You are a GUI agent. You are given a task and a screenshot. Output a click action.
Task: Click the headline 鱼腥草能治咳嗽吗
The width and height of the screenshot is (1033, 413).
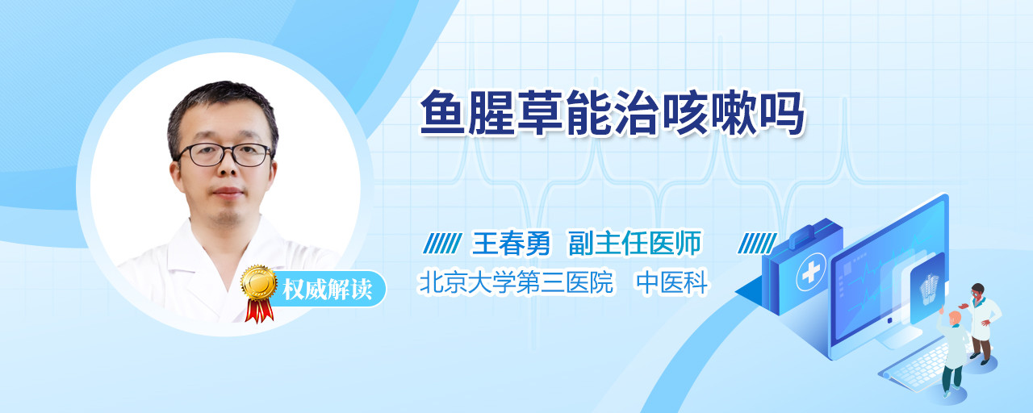[613, 114]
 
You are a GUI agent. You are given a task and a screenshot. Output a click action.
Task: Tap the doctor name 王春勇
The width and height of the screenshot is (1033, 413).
[511, 243]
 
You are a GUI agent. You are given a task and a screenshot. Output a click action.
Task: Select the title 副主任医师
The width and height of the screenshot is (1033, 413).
[634, 243]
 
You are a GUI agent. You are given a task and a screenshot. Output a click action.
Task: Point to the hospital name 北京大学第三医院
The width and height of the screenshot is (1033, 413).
[516, 282]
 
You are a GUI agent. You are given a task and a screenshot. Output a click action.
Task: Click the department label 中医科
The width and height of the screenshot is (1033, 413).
[672, 282]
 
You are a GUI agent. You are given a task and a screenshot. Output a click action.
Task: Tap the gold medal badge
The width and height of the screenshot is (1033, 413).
[259, 282]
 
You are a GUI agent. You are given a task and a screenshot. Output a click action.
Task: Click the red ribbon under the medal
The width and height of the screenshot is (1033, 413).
[259, 311]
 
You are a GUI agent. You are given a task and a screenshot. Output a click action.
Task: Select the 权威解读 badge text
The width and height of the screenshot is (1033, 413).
[328, 290]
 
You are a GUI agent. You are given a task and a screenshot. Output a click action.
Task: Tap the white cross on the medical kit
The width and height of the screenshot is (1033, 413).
[811, 272]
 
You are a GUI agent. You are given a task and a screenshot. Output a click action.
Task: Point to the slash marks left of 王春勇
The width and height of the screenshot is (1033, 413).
[442, 243]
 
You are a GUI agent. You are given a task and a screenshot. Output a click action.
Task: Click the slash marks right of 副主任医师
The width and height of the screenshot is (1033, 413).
[757, 243]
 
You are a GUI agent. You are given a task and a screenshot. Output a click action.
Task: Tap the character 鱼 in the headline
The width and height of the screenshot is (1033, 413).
[443, 114]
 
